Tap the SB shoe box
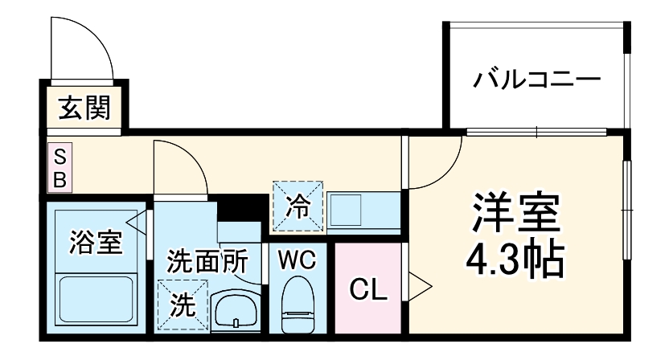coord(60,167)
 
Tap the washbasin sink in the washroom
coord(236,309)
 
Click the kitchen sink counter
coord(362,211)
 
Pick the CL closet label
coord(369,288)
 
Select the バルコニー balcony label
coord(536,80)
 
